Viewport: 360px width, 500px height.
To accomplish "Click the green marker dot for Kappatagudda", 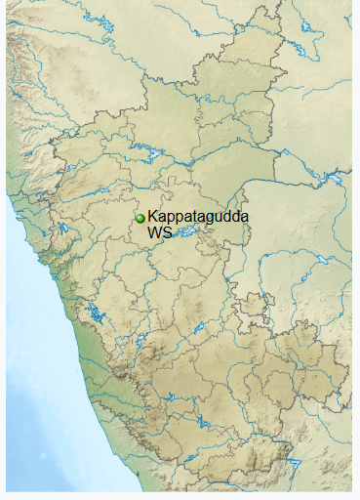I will pos(140,219).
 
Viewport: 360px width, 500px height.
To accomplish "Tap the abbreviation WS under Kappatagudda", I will pos(159,233).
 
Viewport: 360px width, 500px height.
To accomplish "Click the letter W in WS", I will pos(154,233).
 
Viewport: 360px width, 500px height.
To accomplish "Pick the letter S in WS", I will pos(166,233).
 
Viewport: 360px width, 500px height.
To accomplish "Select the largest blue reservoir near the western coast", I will pos(96,314).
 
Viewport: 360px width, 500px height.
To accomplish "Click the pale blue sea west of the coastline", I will pos(29,391).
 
